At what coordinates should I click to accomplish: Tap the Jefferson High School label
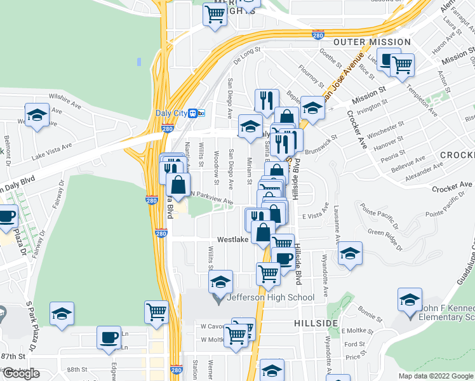point(270,297)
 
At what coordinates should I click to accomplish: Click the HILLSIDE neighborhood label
point(316,323)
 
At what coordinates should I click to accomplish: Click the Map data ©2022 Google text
point(435,376)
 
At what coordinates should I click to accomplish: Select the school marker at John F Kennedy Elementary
point(410,299)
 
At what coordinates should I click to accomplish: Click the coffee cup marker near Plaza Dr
point(6,217)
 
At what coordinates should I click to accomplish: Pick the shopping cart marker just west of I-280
point(156,312)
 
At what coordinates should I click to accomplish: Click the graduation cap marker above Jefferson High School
point(221,281)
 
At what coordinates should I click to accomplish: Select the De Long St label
point(247,55)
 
